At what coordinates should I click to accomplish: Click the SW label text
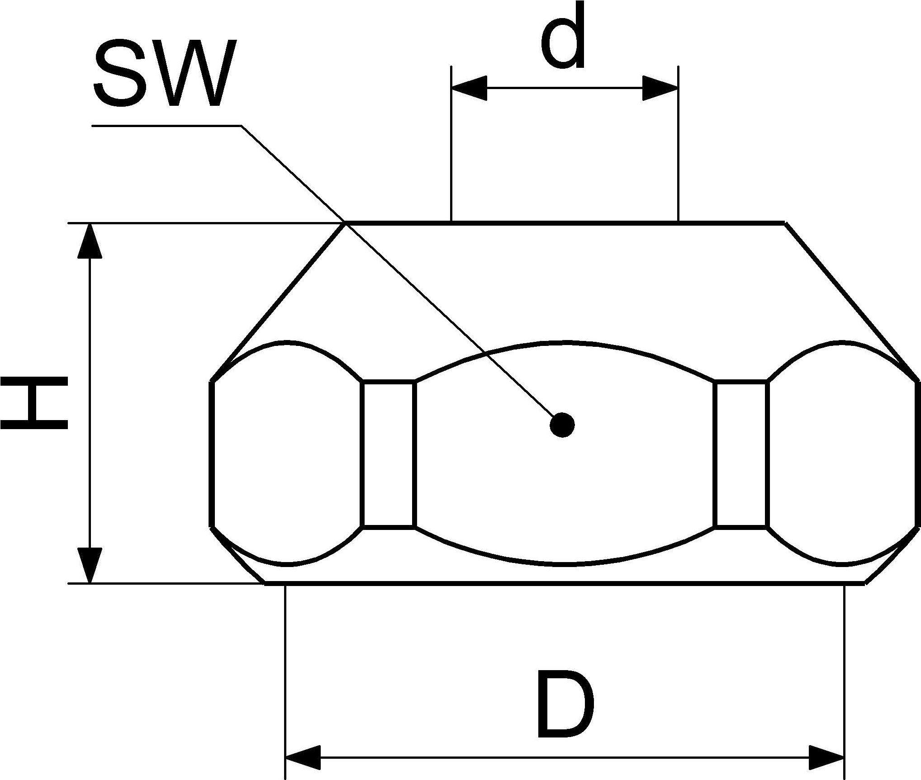[165, 73]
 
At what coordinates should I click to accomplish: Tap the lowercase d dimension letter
[563, 38]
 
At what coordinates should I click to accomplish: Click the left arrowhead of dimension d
[469, 88]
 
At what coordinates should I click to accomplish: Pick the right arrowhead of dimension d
[660, 88]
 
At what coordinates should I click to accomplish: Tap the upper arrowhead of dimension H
[90, 241]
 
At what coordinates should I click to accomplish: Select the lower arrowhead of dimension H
[90, 565]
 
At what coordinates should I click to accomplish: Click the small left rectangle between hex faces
[388, 454]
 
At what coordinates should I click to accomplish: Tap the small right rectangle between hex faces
[741, 454]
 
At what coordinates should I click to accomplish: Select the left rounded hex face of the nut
[287, 454]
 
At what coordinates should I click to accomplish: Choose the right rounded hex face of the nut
[844, 454]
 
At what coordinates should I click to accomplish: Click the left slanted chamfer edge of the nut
[277, 302]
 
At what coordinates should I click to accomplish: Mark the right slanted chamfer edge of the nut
[852, 302]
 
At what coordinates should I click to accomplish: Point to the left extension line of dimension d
[451, 144]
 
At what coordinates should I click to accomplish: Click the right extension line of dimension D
[844, 681]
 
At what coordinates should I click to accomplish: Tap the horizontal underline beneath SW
[166, 125]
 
